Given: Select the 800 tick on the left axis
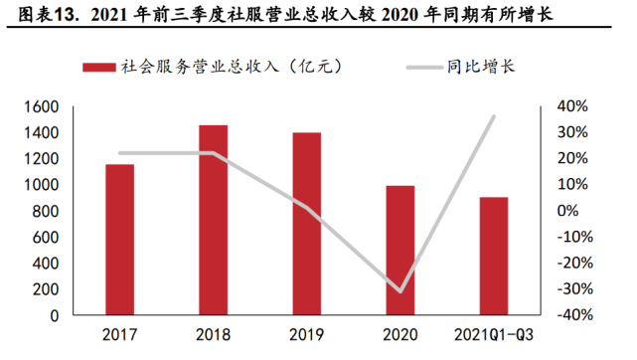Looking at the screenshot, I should tap(45, 211).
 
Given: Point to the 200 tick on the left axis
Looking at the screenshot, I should tap(45, 289).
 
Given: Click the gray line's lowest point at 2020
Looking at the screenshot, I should tap(400, 291).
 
